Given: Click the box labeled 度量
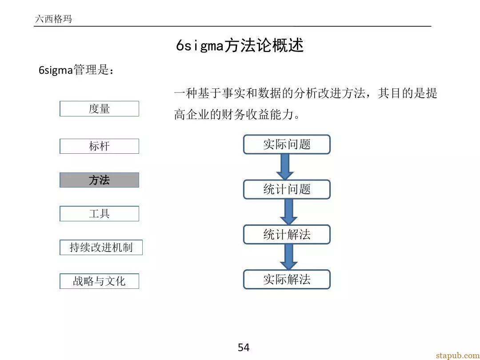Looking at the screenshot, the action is pos(99,109).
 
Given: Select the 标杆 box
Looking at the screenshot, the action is pos(99,146).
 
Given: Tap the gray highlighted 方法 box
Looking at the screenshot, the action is pos(99,180).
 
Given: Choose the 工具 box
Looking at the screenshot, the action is pos(99,214).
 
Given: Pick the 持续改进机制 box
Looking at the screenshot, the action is pos(101,248).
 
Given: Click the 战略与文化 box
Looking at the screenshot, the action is pos(99,281).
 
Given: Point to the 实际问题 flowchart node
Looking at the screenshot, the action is pos(287,144).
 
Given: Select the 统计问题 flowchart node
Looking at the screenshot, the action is pos(287,189).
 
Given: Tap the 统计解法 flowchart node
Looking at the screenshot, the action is pos(287,235).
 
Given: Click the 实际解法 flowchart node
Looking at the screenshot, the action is pos(287,279).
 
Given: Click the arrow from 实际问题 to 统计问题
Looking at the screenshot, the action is pos(285,167).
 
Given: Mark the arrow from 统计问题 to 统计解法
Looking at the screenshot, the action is pos(289,212).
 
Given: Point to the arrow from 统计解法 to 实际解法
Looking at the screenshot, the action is pos(289,257).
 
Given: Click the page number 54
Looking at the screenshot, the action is pos(244,348).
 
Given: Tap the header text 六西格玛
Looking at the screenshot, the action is pos(54,19).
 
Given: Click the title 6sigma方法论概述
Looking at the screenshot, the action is pos(240,46).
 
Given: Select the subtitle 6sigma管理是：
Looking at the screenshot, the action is pos(76,70).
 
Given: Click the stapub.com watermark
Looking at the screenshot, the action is pos(458,356).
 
